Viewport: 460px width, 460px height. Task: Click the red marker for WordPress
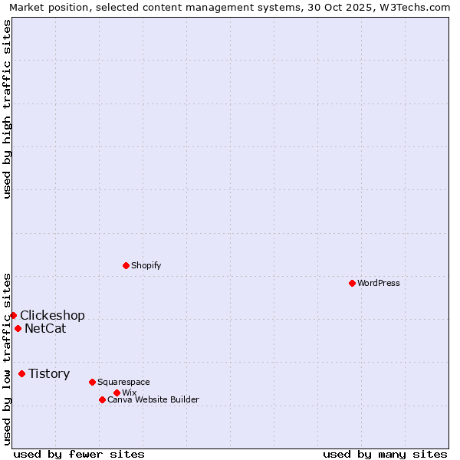352,283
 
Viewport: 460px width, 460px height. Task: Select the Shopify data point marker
126,265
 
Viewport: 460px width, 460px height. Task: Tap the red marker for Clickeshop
13,315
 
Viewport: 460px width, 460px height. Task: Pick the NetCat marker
18,328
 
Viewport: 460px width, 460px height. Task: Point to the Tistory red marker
21,373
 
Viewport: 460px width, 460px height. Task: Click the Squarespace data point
92,382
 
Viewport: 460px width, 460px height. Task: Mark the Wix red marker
117,393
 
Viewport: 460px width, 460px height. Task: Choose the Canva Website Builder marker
102,399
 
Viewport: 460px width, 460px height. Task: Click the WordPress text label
379,283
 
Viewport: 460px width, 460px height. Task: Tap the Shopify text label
146,265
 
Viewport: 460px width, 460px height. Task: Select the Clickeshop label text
52,316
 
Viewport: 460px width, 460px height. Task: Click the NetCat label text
45,329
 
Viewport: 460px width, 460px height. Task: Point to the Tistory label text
49,374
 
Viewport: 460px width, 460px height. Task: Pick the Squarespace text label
123,382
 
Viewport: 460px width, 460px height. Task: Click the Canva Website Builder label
153,399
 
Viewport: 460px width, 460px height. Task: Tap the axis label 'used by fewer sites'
79,454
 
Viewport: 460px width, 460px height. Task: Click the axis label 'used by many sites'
385,454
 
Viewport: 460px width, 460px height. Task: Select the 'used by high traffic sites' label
8,109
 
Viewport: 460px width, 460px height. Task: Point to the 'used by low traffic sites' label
8,358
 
